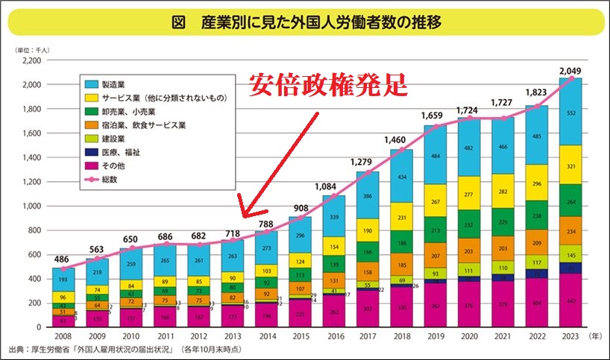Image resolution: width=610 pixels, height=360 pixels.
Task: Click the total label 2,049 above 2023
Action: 571,70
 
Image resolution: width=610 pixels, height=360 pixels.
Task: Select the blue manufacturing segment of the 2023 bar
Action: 571,112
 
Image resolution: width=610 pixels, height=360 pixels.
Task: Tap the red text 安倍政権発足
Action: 328,83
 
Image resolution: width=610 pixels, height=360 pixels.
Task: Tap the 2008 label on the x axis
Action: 63,337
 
